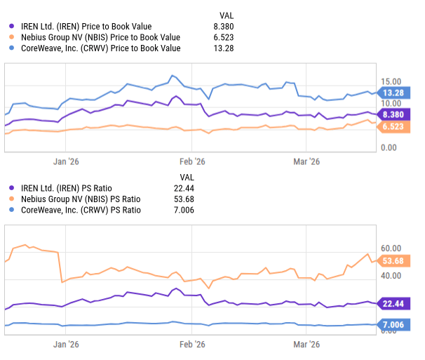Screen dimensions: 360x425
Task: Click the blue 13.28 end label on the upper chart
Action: tap(392, 93)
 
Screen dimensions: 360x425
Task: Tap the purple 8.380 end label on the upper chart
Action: tap(392, 114)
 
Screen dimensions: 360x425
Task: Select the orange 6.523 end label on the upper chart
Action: tap(392, 126)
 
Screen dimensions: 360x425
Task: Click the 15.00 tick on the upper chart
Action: tap(391, 82)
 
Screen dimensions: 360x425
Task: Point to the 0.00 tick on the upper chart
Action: tap(389, 147)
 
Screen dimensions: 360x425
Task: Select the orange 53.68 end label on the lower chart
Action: tap(392, 261)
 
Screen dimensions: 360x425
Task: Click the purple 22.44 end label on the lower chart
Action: tap(392, 303)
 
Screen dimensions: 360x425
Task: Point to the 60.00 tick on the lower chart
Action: tap(391, 248)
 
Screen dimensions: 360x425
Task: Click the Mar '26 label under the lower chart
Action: tap(306, 345)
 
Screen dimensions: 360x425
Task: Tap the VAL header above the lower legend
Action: tap(187, 176)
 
